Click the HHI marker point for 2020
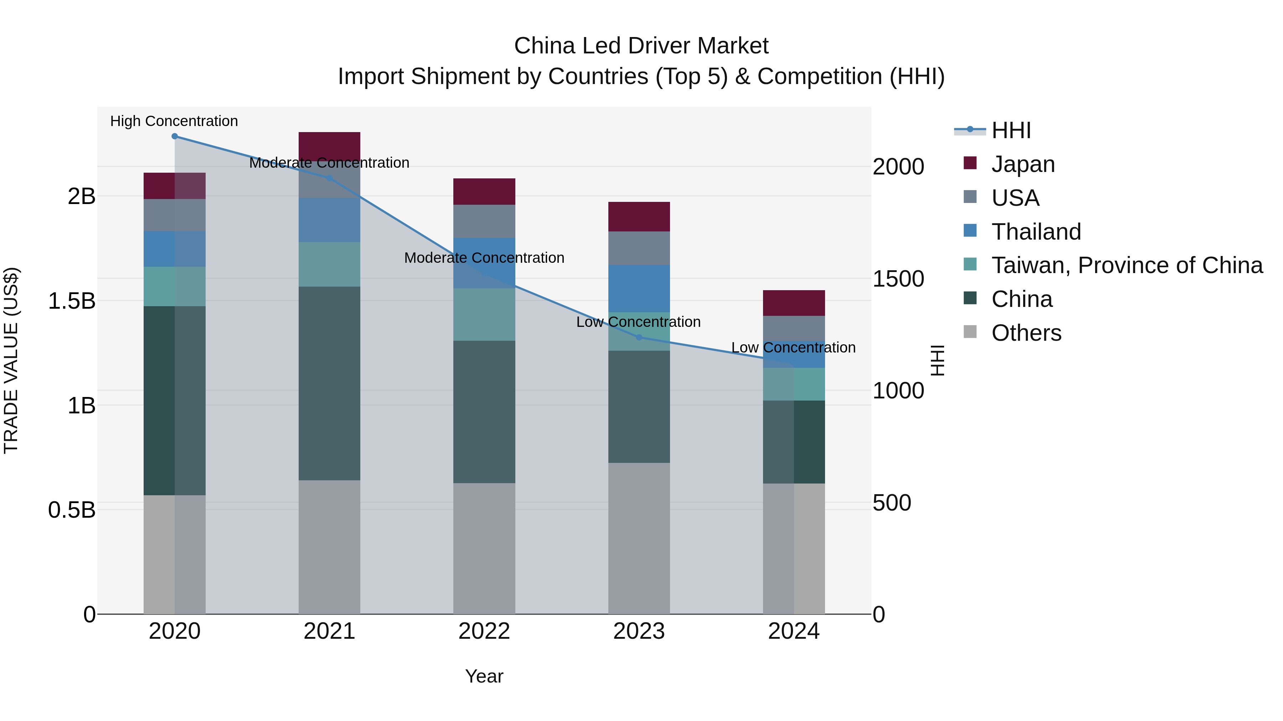coord(174,136)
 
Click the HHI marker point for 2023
coord(639,338)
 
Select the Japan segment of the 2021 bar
coord(329,145)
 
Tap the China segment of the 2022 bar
coord(484,412)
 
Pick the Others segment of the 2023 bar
coord(639,538)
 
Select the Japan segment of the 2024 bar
coord(794,303)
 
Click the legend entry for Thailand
coord(1036,232)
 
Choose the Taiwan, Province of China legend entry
coord(1127,266)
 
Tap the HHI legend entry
coord(1011,130)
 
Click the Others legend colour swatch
coord(970,331)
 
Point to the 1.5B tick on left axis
coord(72,301)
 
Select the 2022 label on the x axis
coord(484,631)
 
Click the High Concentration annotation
coord(174,121)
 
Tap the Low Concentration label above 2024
coord(793,348)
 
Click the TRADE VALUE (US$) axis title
coord(11,361)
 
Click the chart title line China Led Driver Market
coord(641,46)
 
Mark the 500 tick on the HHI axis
coord(892,503)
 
